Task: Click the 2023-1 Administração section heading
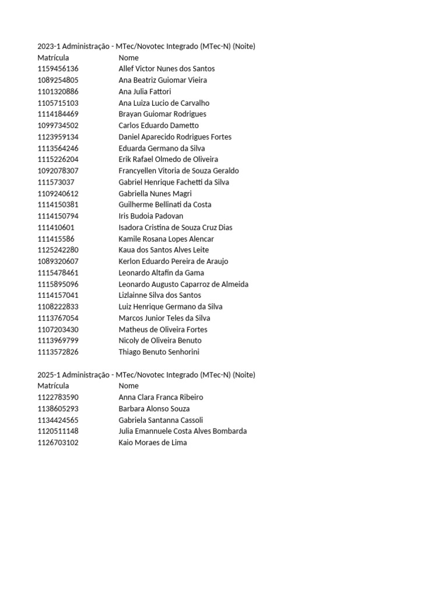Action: tap(146, 46)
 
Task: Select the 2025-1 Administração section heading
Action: tap(146, 374)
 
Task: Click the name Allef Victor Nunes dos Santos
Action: tap(166, 69)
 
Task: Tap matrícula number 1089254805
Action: tap(58, 80)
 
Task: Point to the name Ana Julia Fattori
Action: tap(145, 92)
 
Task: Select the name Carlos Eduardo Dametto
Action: tap(158, 126)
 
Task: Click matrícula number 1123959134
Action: tap(58, 137)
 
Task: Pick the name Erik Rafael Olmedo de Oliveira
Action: tap(168, 159)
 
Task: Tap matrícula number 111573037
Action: tap(56, 182)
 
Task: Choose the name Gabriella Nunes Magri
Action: tap(155, 193)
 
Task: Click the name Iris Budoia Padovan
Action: tap(150, 216)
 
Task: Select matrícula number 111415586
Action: tap(56, 239)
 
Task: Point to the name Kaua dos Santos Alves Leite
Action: tap(163, 250)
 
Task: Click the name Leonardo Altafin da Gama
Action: tap(161, 273)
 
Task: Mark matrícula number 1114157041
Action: tap(58, 295)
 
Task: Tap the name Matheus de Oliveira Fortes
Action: tap(163, 329)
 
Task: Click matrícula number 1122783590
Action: tap(58, 397)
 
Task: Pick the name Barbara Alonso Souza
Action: tap(154, 409)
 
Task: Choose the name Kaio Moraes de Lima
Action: tap(153, 443)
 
